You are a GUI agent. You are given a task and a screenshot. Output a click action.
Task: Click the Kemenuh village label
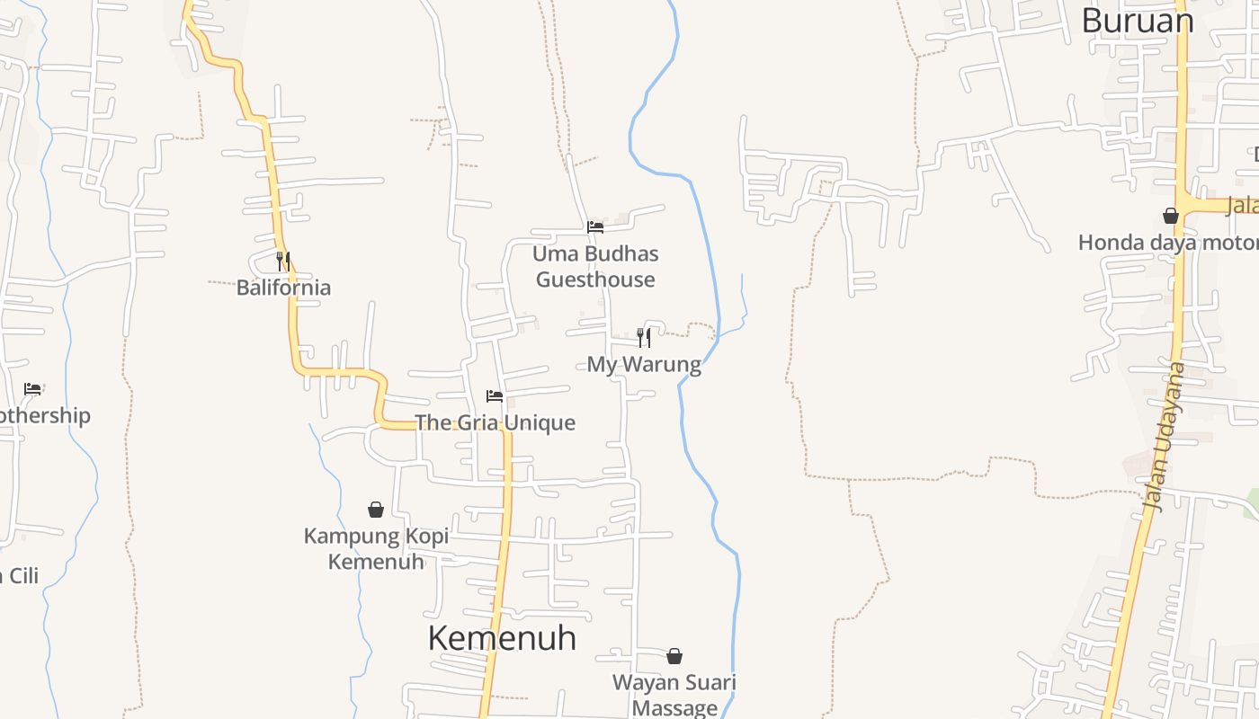click(502, 638)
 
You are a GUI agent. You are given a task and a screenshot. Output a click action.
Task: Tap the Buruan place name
click(1137, 21)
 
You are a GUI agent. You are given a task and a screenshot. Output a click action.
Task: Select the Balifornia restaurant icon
click(282, 262)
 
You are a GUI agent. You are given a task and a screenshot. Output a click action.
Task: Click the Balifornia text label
click(283, 288)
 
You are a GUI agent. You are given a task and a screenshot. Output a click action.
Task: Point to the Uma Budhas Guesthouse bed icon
click(595, 227)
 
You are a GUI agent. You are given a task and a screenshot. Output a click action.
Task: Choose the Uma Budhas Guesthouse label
click(595, 267)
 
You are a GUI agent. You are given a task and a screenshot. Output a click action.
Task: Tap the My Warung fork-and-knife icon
click(644, 338)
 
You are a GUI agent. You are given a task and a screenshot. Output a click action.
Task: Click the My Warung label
click(644, 365)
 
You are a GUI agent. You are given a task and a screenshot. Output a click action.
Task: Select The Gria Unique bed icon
click(495, 396)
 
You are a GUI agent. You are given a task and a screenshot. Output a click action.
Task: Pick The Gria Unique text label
click(495, 422)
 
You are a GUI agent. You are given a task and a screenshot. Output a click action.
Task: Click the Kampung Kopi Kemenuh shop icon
click(376, 510)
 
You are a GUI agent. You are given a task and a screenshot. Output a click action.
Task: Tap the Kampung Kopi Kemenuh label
click(376, 549)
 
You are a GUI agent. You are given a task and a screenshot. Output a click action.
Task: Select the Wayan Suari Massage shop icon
click(674, 657)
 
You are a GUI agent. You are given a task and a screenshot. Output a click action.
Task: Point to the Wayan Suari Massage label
click(674, 695)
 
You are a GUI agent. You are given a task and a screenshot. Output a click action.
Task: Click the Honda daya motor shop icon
click(1171, 216)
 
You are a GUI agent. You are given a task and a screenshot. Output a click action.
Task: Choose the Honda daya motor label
click(1167, 243)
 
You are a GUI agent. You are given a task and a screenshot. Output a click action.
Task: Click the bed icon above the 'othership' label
click(33, 389)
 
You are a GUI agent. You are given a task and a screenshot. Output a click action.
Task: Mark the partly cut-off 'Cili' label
click(20, 575)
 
